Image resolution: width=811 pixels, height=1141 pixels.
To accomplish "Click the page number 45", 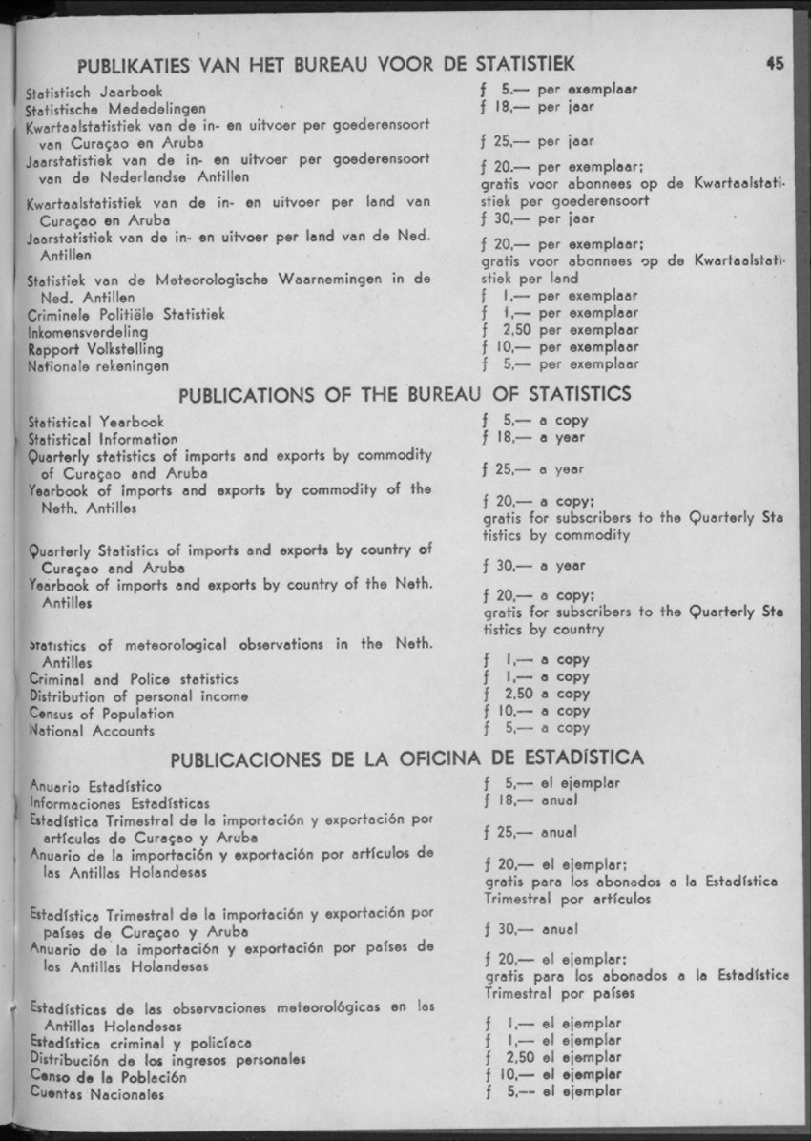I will pyautogui.click(x=774, y=64).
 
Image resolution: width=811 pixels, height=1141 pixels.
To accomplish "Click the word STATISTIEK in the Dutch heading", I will pyautogui.click(x=516, y=64).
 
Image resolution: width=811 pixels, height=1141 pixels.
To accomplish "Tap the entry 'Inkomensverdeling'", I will pyautogui.click(x=88, y=332).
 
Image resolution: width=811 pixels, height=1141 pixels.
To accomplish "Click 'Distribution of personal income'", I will pyautogui.click(x=139, y=696).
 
